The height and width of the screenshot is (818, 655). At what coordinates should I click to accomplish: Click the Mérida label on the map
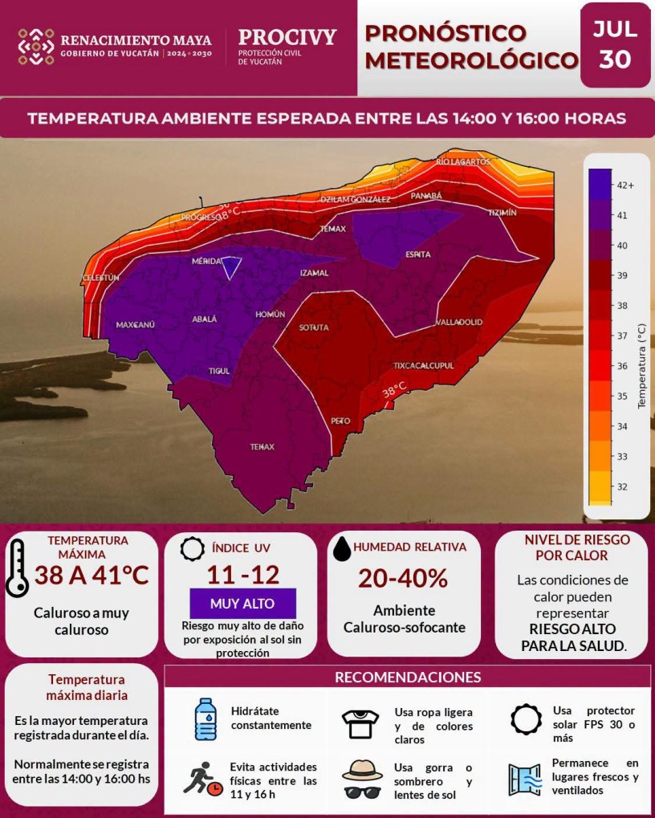coord(206,261)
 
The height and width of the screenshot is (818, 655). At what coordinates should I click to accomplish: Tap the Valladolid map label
coord(459,322)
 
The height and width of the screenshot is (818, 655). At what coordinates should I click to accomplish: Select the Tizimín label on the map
coord(502,213)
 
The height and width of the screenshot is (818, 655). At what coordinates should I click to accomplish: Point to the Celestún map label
coord(100,278)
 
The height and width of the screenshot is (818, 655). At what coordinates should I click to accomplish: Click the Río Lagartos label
coord(464,161)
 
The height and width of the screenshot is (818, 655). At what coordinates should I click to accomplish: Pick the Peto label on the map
coord(340,421)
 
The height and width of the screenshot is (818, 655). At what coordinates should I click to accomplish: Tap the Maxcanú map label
coord(135,324)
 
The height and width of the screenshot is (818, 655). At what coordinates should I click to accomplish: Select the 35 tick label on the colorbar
coord(622,396)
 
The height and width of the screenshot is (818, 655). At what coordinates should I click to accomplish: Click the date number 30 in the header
coord(616,59)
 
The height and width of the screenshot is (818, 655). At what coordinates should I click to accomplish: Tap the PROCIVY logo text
coord(287,37)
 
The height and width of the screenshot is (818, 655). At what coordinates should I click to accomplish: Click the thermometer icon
coord(17,568)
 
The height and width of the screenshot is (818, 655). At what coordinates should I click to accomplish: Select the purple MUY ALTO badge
coord(242,604)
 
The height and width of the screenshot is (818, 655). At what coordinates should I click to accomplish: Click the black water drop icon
coord(342,549)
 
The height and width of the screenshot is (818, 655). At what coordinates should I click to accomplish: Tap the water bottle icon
coord(205,719)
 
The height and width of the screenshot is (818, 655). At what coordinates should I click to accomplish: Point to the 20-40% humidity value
coord(403,579)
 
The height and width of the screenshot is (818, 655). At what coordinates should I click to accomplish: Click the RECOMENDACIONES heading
coord(408,678)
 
